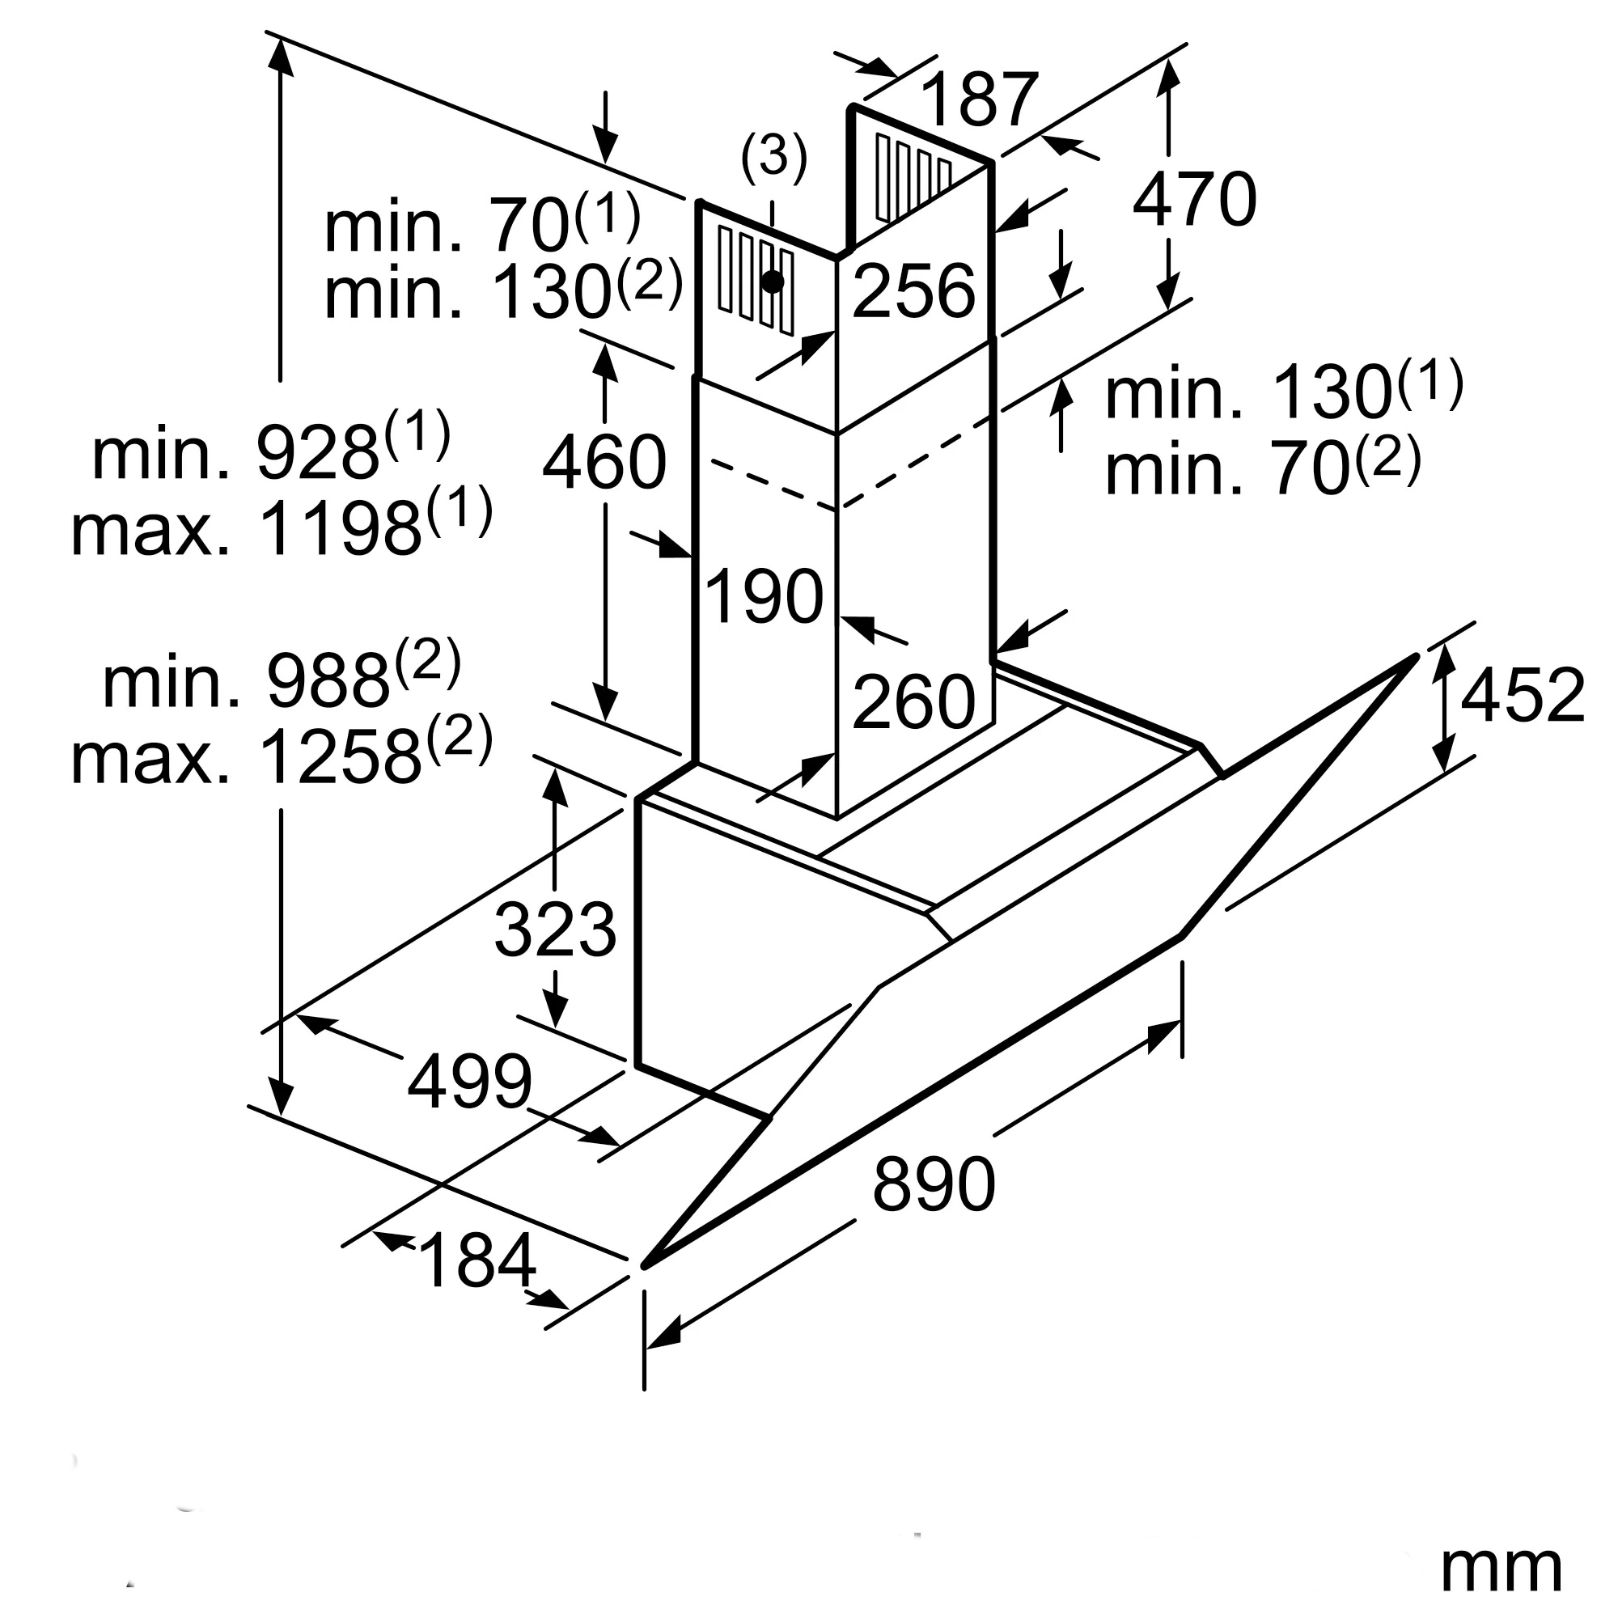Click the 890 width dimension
[x=933, y=1185]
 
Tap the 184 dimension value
[x=478, y=1261]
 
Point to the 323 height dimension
[x=555, y=930]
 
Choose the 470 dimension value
[x=1194, y=200]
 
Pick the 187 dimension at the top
[x=979, y=100]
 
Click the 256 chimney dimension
[x=913, y=291]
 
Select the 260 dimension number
[x=913, y=701]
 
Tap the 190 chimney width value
[x=764, y=597]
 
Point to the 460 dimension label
[x=604, y=462]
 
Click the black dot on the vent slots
[x=772, y=282]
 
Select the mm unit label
[x=1501, y=1567]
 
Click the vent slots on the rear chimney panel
[x=913, y=177]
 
